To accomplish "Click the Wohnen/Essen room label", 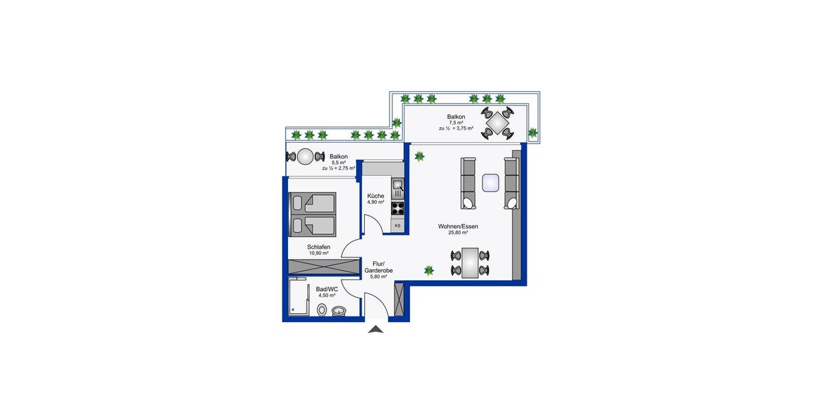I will pos(459,227).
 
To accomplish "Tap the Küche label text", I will pos(375,196).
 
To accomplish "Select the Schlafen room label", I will pos(319,247).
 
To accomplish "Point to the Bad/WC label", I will pos(327,289).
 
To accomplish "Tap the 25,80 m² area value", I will pos(458,233).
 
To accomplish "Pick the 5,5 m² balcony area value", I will pos(338,162).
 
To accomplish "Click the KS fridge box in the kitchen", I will pos(397,225).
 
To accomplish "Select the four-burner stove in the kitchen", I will pos(398,207).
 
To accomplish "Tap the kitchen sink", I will pos(398,185).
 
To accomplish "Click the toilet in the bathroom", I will pos(322,310).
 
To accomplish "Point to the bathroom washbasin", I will pos(339,312).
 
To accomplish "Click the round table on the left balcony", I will pos(307,157).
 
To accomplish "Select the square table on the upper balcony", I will pos(497,123).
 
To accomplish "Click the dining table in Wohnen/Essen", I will pos(470,262).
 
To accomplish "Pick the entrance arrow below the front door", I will pos(376,330).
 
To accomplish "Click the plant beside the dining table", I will pos(429,270).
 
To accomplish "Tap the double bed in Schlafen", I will pos(313,214).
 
